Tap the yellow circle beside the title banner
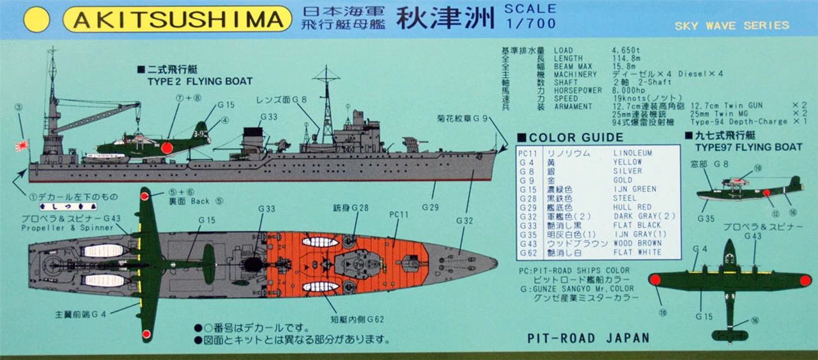click(36, 20)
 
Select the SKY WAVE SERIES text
click(732, 26)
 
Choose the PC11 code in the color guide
click(528, 153)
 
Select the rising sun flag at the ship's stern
click(22, 146)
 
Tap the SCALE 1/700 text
click(530, 17)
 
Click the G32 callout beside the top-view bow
click(465, 221)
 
